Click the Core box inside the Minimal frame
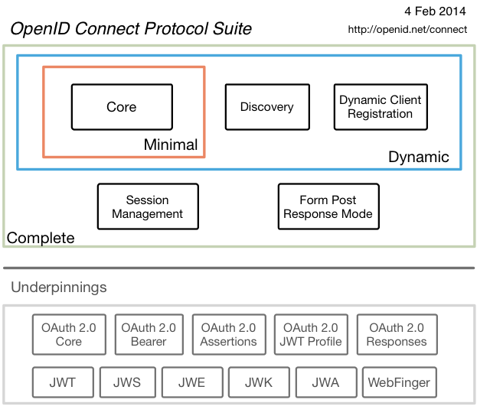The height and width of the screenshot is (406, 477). (121, 107)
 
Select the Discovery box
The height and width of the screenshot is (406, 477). (266, 107)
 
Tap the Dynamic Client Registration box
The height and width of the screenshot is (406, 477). (380, 107)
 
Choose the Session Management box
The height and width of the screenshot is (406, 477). (147, 206)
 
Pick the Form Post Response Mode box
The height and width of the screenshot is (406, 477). (328, 206)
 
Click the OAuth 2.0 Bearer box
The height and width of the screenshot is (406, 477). (149, 334)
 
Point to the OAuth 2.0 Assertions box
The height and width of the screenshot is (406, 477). (229, 334)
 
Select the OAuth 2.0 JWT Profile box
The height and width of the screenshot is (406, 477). (311, 334)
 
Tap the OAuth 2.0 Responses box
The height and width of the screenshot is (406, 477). (396, 334)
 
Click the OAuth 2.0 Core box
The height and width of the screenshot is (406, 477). (68, 334)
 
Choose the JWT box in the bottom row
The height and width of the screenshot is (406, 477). (64, 382)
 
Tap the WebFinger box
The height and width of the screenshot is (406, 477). (399, 382)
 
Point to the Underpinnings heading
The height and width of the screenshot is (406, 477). (59, 288)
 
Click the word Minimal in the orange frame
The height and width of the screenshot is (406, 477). (170, 145)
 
